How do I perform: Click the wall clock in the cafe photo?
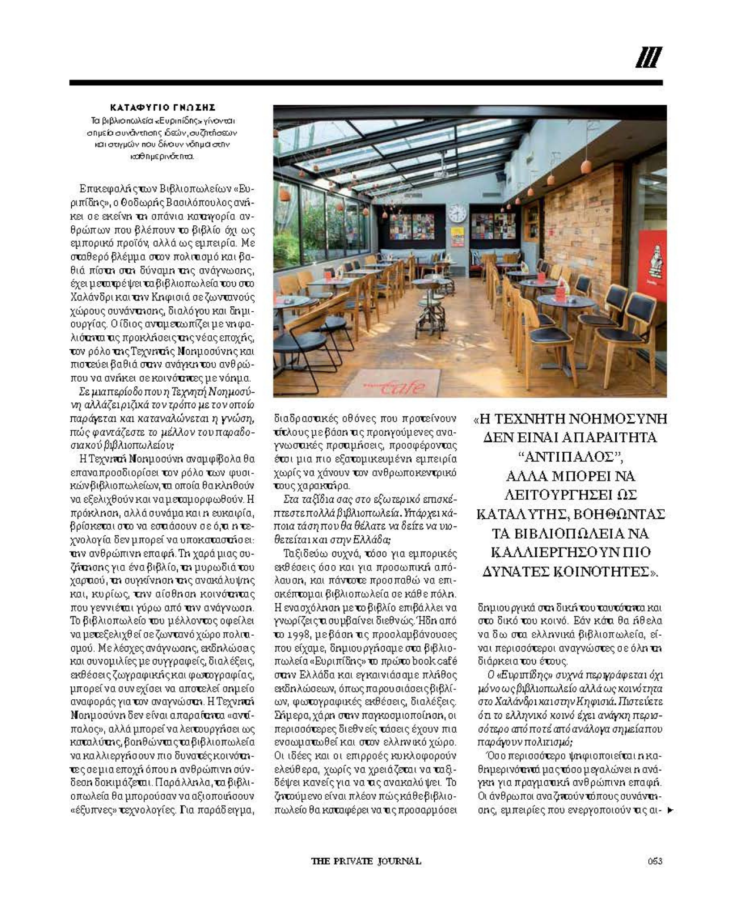(457, 213)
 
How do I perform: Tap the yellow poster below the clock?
(457, 236)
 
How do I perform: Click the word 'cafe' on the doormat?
(402, 386)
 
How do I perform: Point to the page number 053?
(655, 861)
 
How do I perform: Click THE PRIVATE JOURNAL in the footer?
(366, 861)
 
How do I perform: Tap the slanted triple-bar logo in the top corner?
(649, 58)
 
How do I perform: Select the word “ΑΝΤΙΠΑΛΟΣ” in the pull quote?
(569, 456)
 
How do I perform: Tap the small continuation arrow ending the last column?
(670, 810)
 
